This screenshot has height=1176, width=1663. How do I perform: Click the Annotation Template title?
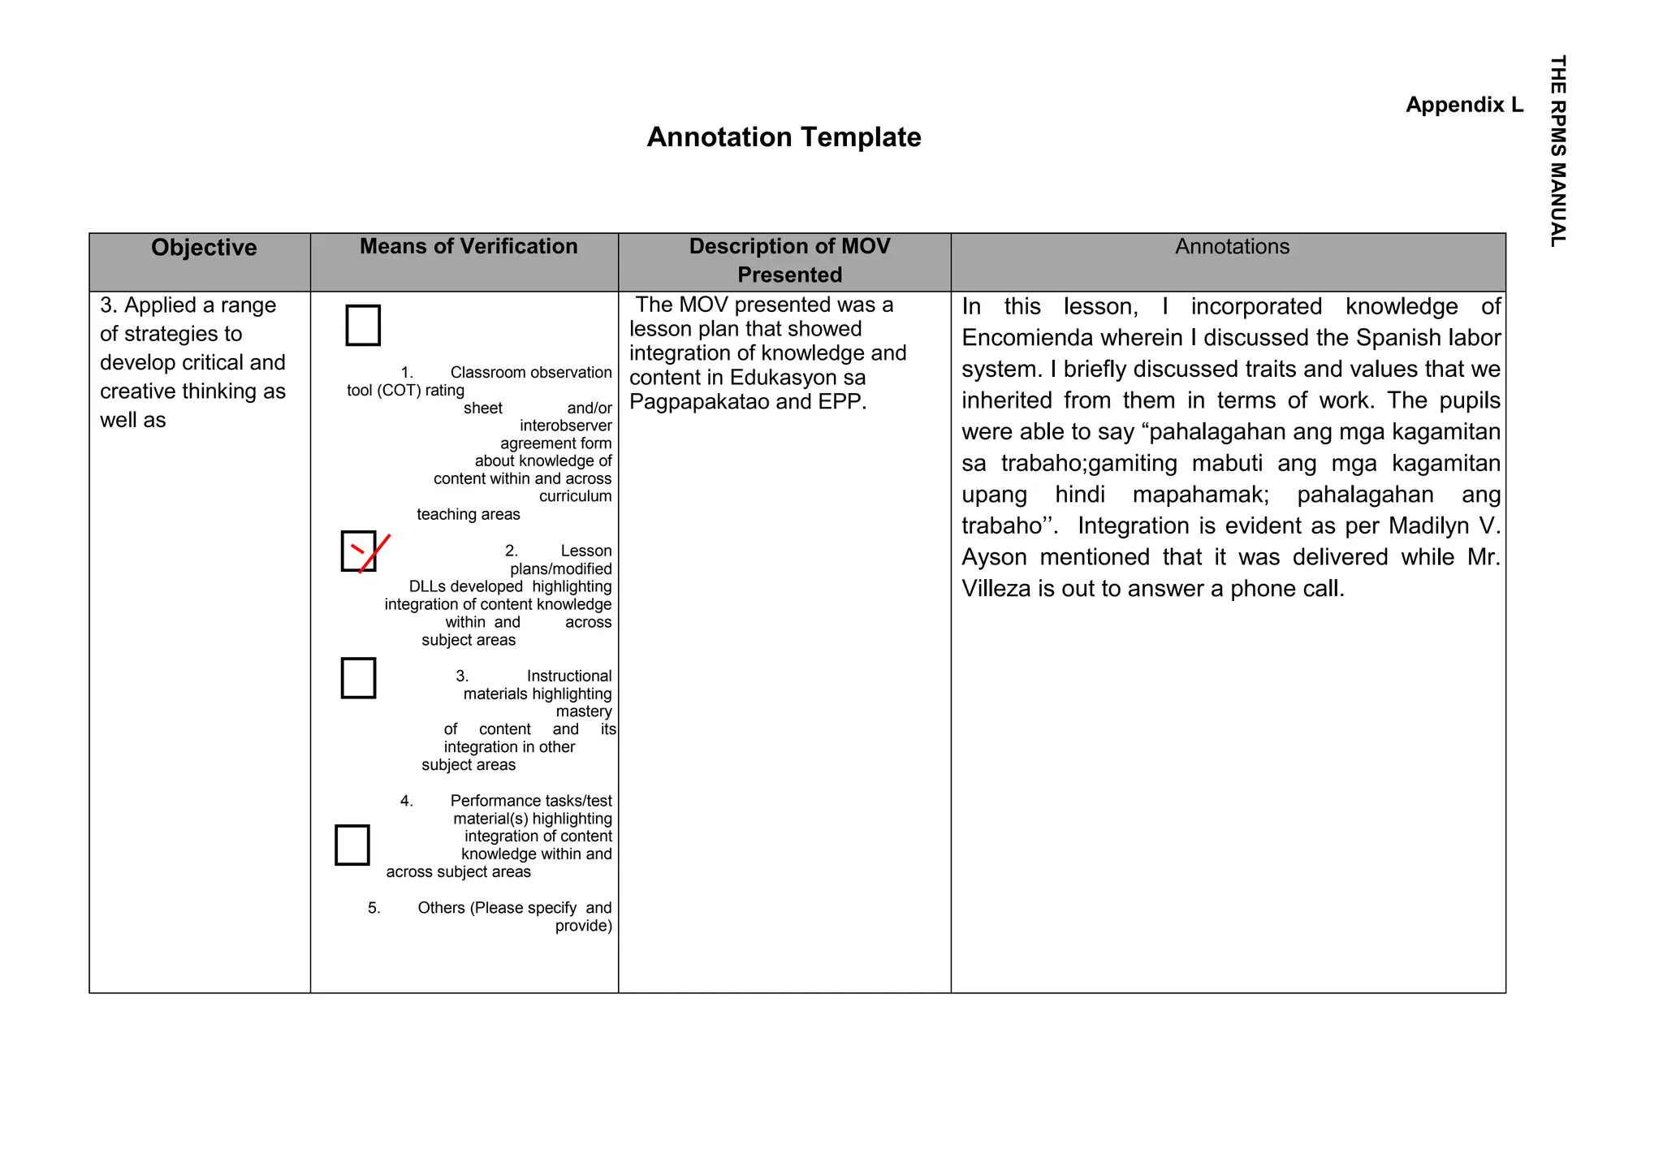[x=784, y=137]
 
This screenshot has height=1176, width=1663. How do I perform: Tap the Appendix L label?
[x=1464, y=105]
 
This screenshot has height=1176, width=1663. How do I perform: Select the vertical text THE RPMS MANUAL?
[x=1557, y=151]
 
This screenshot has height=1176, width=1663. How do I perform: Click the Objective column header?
[x=204, y=248]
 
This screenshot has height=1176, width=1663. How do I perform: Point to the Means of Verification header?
[x=469, y=247]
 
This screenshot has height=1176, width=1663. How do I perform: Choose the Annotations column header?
[x=1232, y=247]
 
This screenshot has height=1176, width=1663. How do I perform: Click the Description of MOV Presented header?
[x=789, y=260]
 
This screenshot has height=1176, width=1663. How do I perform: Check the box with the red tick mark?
[x=359, y=551]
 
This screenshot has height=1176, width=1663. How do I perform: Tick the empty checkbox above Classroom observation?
[x=363, y=325]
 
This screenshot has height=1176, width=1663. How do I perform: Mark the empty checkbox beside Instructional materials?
[x=358, y=678]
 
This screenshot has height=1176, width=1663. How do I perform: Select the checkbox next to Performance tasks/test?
[x=352, y=845]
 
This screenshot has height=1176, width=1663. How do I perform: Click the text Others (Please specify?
[x=497, y=908]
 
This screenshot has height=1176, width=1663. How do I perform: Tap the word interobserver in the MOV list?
[x=565, y=426]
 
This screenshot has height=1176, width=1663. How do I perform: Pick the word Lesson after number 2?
[x=585, y=551]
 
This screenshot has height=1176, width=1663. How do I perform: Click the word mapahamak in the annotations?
[x=1200, y=495]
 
